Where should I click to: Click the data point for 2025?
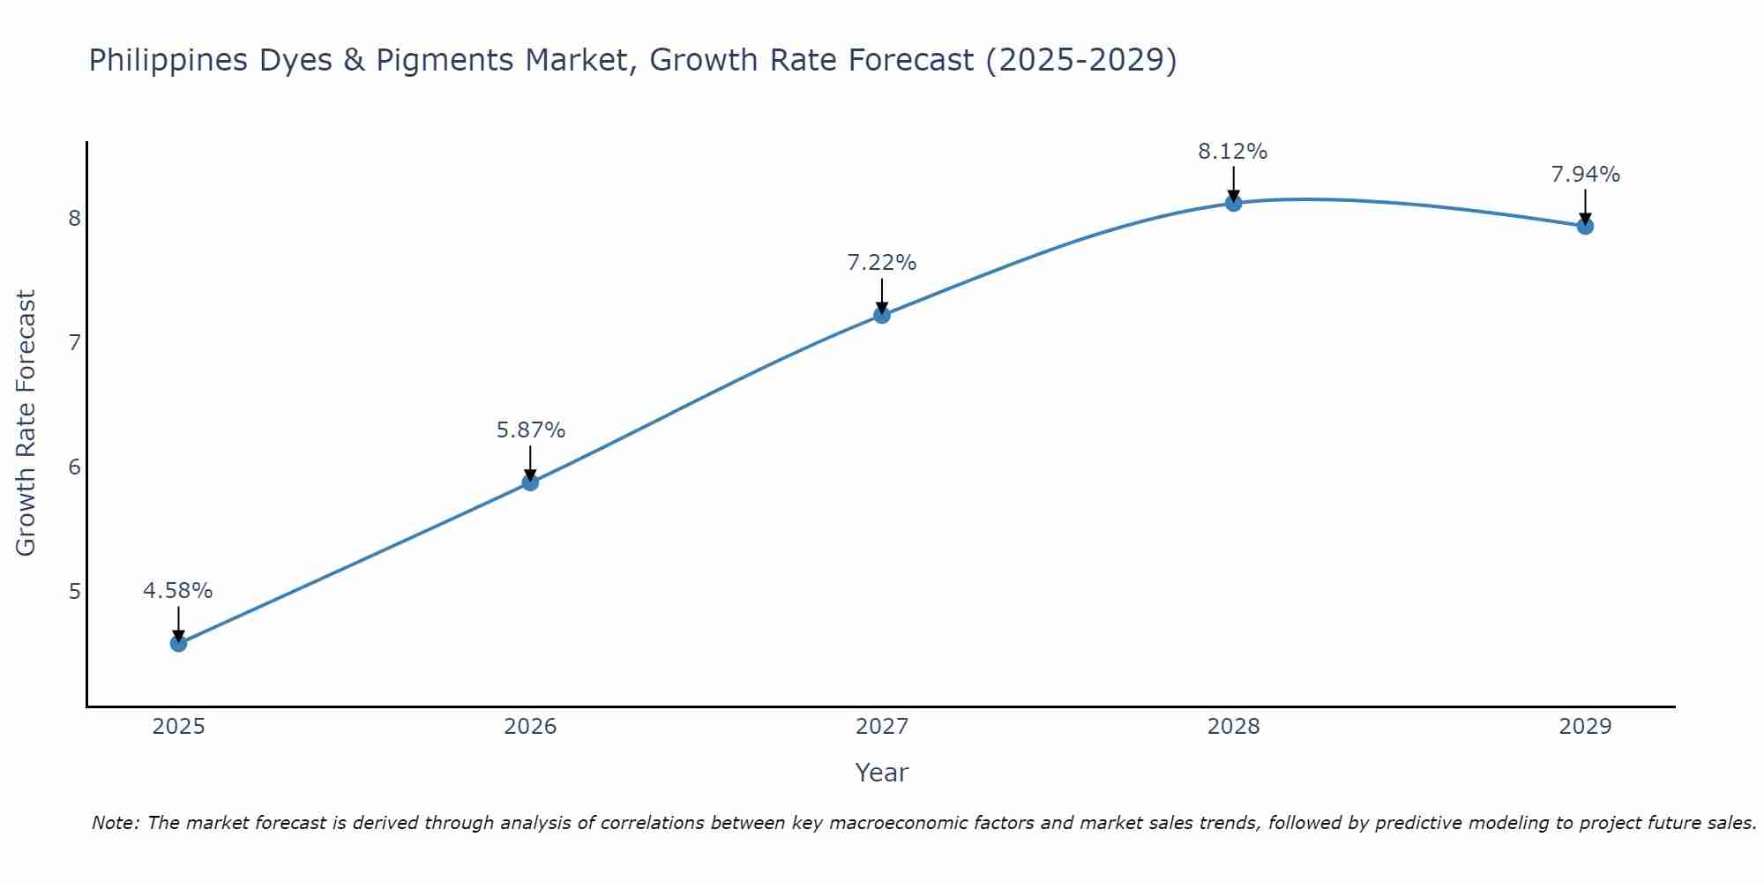(178, 643)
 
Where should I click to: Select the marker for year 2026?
(530, 482)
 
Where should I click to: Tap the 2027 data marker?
(881, 315)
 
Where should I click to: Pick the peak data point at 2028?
(1233, 203)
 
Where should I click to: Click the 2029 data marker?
(1585, 226)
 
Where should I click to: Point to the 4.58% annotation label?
(178, 590)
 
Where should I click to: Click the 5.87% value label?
(530, 430)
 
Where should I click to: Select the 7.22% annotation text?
(881, 262)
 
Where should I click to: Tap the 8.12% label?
(1232, 152)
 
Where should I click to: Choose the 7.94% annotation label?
(1585, 175)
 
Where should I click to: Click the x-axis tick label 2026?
(530, 727)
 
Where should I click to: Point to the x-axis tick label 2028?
(1233, 727)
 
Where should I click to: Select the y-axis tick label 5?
(74, 591)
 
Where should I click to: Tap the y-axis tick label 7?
(74, 342)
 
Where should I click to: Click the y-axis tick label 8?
(74, 218)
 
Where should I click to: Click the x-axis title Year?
(881, 773)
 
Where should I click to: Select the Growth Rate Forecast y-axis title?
(26, 423)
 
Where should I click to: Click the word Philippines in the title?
(168, 60)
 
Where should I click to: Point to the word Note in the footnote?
(115, 823)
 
